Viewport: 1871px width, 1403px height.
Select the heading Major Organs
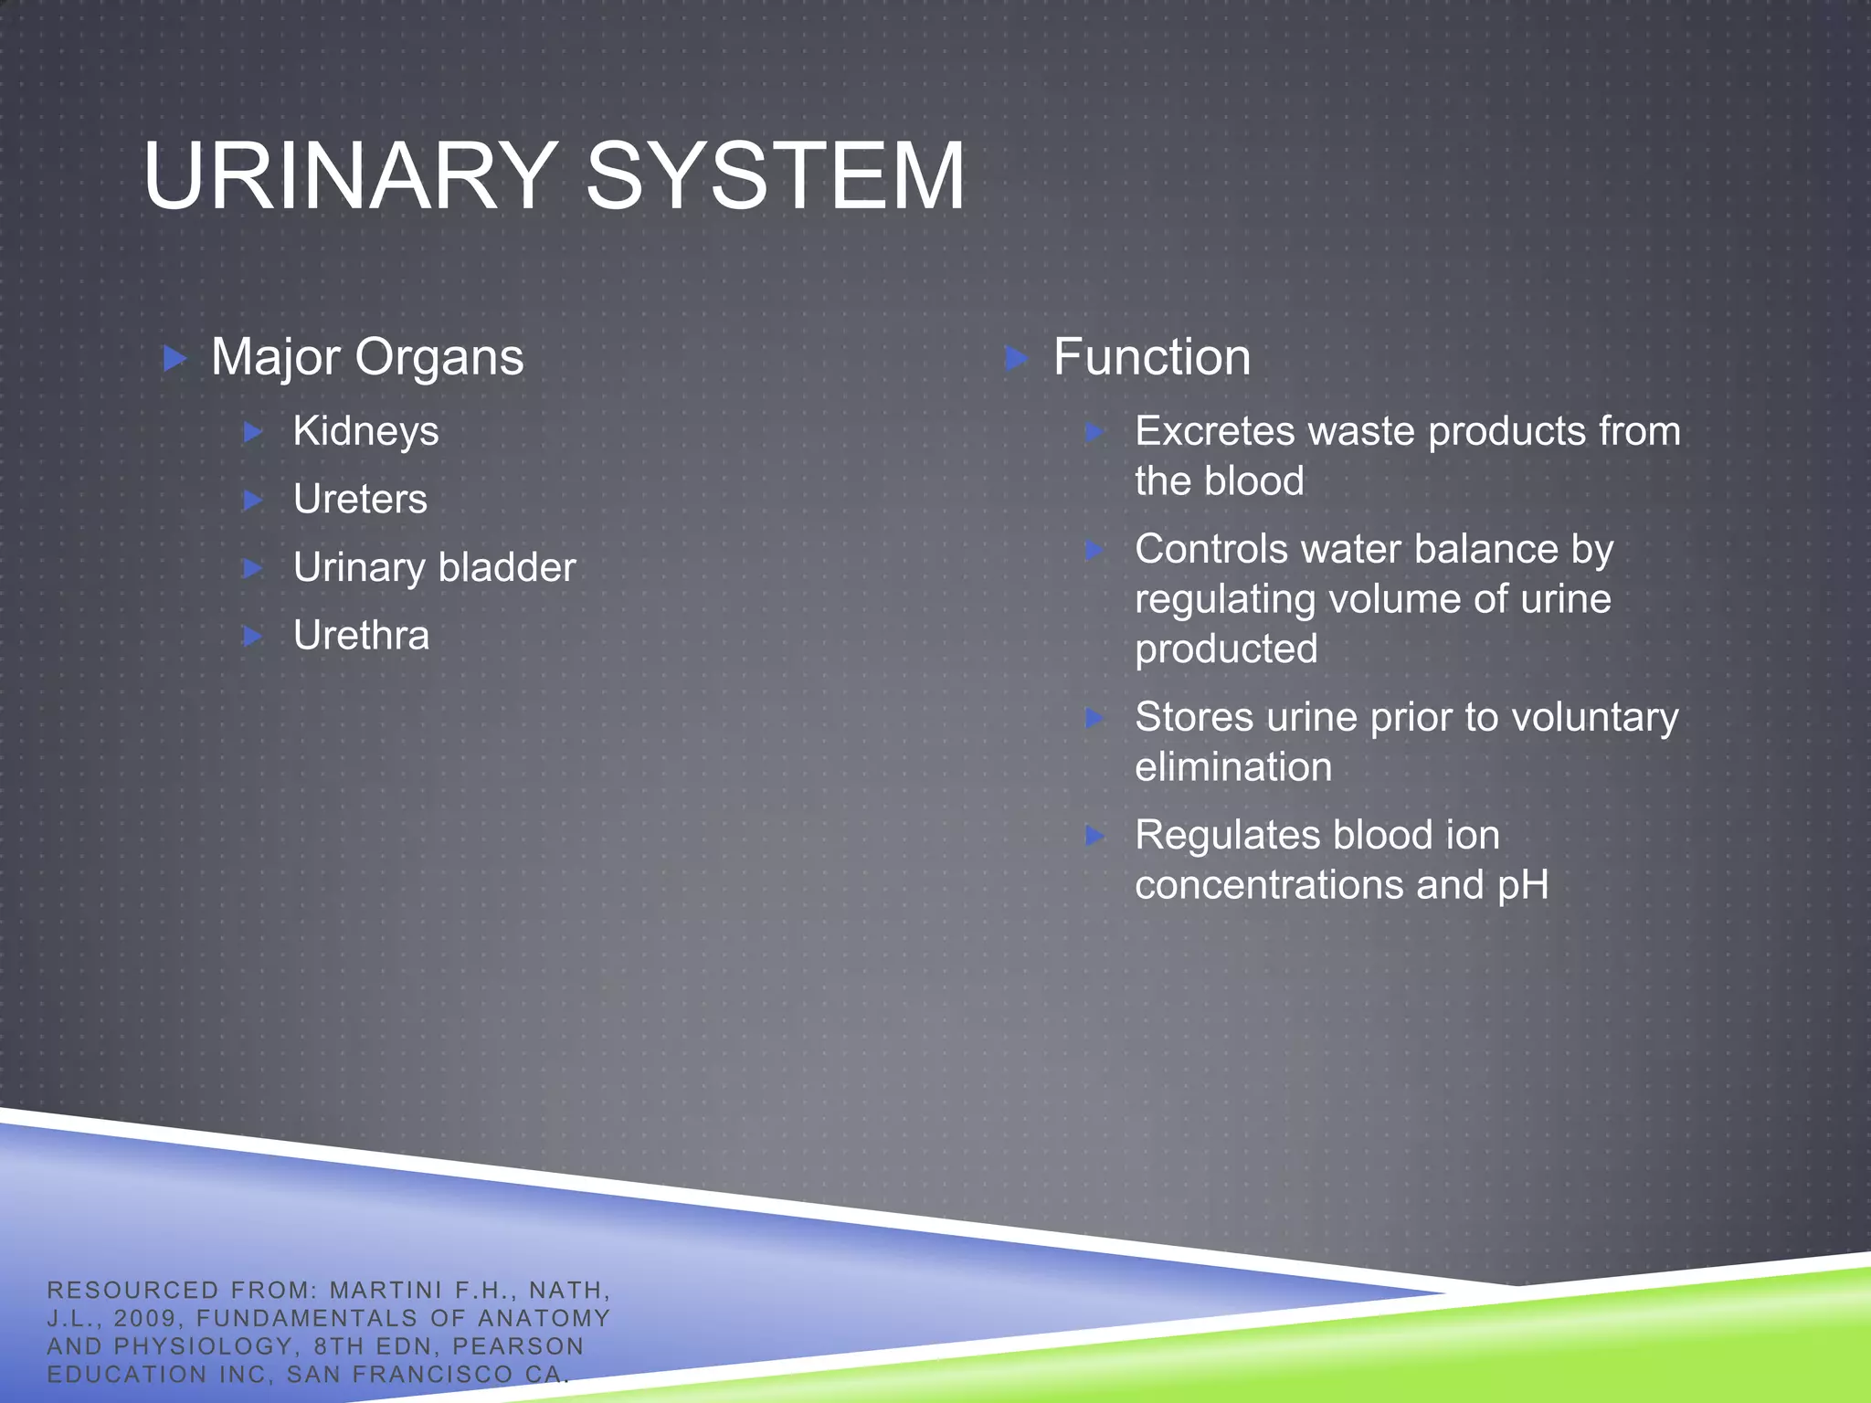coord(367,357)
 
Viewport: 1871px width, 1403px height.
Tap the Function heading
coord(1151,357)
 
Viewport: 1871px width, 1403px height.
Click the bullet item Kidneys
coord(365,432)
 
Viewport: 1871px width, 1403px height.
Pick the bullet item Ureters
coord(360,500)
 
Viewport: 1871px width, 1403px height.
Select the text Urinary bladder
coord(434,568)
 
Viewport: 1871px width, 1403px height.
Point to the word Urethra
coord(361,636)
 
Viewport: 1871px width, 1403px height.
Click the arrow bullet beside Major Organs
coord(174,358)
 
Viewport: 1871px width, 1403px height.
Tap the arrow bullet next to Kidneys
coord(253,432)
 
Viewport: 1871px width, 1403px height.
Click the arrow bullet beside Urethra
coord(253,636)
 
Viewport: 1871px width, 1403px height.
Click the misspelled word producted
coord(1226,649)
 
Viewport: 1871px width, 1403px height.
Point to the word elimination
coord(1233,767)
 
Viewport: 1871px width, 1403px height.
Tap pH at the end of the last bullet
coord(1523,886)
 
